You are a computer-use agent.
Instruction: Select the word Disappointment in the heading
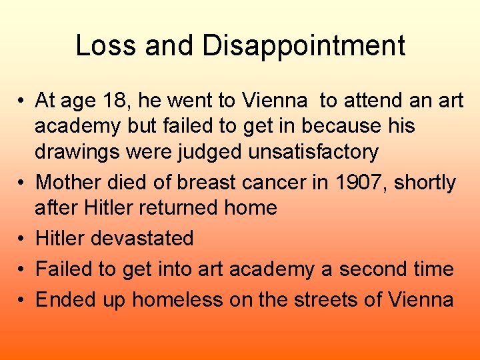coord(304,45)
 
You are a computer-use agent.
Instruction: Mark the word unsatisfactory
coord(313,152)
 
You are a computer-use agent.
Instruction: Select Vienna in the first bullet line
coord(274,101)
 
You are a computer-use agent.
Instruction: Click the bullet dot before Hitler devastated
coord(22,239)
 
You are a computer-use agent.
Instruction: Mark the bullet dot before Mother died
coord(22,183)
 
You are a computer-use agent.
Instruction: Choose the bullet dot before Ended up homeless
coord(22,300)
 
